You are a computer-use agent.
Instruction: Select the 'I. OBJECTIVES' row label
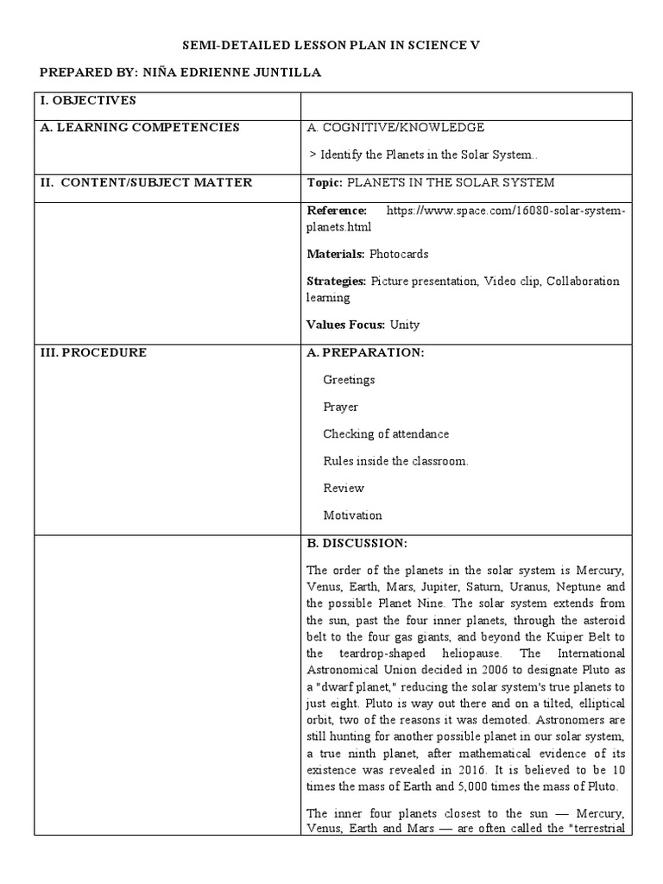click(x=88, y=101)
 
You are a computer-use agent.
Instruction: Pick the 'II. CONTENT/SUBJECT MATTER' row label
click(x=146, y=182)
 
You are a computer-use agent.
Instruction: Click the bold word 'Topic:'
click(x=325, y=182)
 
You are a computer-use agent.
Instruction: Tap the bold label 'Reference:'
click(x=337, y=210)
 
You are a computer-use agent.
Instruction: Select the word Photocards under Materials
click(x=399, y=254)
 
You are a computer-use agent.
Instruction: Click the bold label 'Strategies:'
click(x=337, y=281)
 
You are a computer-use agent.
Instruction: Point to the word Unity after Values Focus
click(x=404, y=325)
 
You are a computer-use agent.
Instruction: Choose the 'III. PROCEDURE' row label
click(x=93, y=352)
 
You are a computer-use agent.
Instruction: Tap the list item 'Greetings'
click(x=349, y=380)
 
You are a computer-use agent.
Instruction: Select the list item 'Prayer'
click(x=340, y=407)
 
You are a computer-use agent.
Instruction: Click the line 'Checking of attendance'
click(x=386, y=434)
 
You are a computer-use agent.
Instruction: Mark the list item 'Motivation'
click(x=352, y=515)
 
